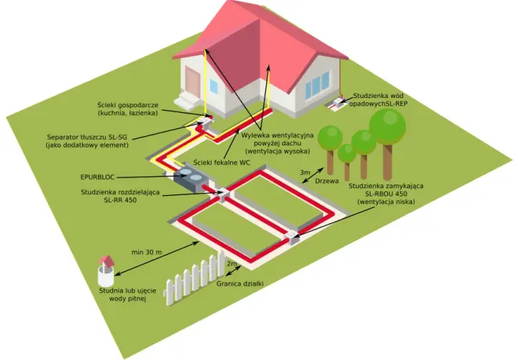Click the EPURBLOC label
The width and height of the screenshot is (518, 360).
point(97,177)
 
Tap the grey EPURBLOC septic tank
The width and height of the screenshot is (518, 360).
point(189,178)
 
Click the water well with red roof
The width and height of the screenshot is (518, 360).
point(106,270)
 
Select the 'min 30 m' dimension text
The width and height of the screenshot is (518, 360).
point(147,252)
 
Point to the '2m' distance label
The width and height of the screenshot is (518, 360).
point(232,264)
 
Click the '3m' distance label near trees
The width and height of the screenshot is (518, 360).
point(305,173)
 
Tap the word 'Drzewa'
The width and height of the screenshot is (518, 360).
point(327,181)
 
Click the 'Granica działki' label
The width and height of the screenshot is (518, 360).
point(240,284)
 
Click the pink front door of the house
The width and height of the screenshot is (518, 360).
point(192,81)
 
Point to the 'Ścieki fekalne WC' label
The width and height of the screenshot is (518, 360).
point(222,162)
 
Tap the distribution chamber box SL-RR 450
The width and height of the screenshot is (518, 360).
point(222,194)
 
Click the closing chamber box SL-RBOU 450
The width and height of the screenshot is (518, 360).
point(291,237)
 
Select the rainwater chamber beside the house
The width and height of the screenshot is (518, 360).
point(337,102)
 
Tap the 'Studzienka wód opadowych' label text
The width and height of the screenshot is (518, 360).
point(378,100)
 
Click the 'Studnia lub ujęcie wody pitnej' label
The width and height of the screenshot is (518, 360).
point(127,295)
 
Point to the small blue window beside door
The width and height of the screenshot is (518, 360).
point(214,86)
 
